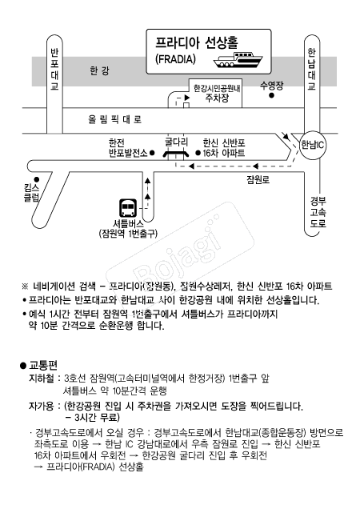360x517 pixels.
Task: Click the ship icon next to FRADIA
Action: (238, 60)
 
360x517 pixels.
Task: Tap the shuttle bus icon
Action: (128, 208)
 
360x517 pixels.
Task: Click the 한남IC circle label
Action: (312, 145)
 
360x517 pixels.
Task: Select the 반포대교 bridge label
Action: (54, 70)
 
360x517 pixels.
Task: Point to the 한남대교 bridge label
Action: (311, 70)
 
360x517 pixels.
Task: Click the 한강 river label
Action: (99, 70)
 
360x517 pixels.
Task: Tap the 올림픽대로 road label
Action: (114, 119)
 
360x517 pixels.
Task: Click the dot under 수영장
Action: (271, 95)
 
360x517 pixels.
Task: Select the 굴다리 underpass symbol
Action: (176, 154)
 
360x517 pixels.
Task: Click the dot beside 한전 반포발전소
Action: (152, 153)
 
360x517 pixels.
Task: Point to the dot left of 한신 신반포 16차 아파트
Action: (198, 153)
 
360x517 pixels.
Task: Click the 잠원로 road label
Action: (258, 180)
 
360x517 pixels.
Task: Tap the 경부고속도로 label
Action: (318, 212)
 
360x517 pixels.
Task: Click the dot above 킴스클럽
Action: (37, 179)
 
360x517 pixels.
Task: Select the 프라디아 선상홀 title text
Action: (197, 43)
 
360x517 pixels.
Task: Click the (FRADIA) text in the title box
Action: (175, 59)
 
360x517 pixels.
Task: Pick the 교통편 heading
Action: (43, 365)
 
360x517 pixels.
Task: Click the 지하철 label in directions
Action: (41, 379)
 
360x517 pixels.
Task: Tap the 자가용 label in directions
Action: (41, 406)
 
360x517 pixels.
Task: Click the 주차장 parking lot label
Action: (217, 98)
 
